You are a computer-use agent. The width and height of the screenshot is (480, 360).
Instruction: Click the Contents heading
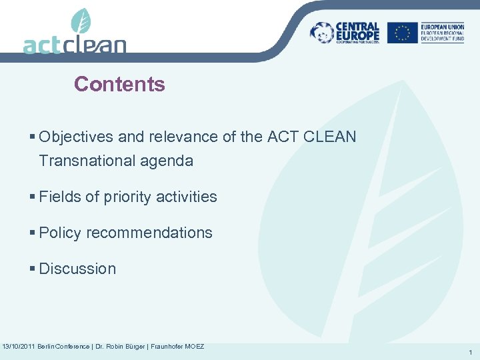119,84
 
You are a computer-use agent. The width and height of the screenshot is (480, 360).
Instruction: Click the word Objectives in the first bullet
76,137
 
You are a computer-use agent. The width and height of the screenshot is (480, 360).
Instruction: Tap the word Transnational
82,161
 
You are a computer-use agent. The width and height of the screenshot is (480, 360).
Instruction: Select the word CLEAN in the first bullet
331,137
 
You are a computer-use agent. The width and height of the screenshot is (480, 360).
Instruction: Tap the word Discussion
77,269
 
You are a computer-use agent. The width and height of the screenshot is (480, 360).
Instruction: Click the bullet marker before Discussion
33,269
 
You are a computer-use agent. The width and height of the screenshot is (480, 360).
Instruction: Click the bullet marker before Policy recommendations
33,233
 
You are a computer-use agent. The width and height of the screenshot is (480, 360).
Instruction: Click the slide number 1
470,352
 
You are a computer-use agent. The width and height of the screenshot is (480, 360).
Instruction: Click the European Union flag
402,33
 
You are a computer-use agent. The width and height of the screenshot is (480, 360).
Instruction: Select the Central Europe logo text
357,32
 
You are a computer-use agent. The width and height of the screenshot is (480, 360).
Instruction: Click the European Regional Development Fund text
442,33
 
